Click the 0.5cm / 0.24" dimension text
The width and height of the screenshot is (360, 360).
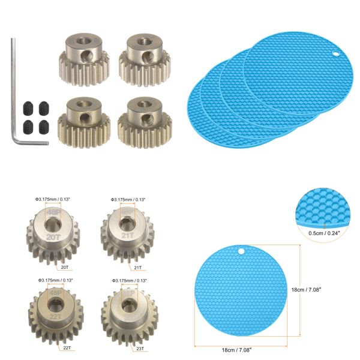pos(325,234)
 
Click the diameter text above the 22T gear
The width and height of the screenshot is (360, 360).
pos(55,280)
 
